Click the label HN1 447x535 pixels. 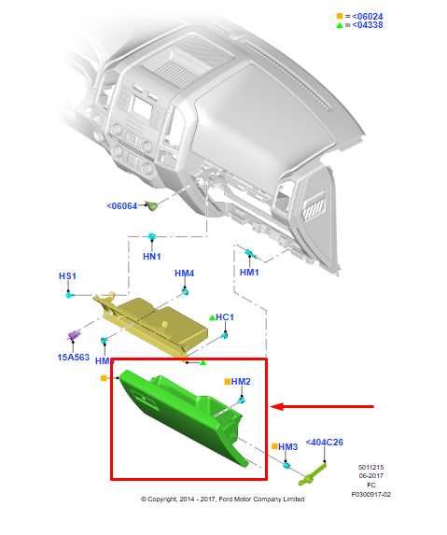coord(151,256)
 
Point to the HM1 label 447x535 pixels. coord(249,272)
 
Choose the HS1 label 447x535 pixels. coord(67,276)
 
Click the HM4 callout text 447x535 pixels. coord(184,274)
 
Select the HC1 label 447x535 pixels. coord(225,317)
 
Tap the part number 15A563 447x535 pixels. coord(72,357)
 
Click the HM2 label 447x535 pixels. coord(241,381)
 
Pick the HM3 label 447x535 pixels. coord(287,447)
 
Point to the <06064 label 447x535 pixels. coord(121,205)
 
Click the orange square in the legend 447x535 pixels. coord(339,15)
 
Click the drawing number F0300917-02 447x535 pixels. coord(370,494)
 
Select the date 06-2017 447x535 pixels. coord(370,476)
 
